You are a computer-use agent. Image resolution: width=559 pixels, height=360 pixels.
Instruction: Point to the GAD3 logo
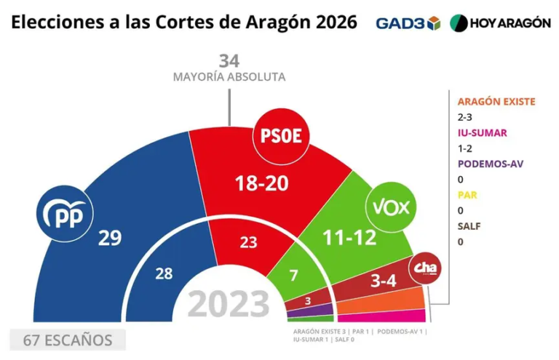(408, 23)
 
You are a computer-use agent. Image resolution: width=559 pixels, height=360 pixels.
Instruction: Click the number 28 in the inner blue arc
(164, 273)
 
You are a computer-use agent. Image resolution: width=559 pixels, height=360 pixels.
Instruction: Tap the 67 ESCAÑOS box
(68, 340)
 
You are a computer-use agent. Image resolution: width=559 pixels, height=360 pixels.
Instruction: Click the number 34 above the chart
(229, 61)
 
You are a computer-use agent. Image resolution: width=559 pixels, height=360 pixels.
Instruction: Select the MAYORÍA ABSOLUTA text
(229, 76)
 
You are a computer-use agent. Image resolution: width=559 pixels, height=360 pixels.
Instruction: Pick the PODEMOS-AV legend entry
(490, 164)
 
